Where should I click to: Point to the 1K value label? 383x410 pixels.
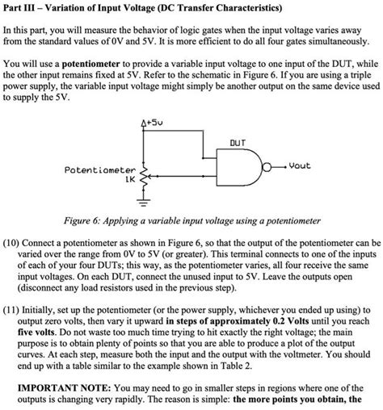[129, 181]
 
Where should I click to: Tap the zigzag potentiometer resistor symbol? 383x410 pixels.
[145, 182]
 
